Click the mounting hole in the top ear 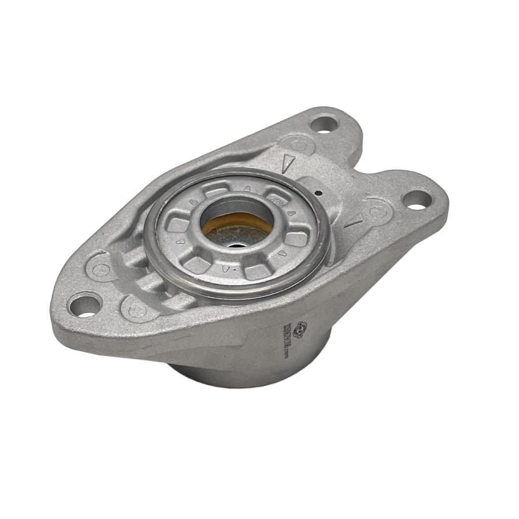(324, 123)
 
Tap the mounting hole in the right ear (417, 200)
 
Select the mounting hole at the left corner (85, 304)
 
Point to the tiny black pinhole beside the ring (319, 193)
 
